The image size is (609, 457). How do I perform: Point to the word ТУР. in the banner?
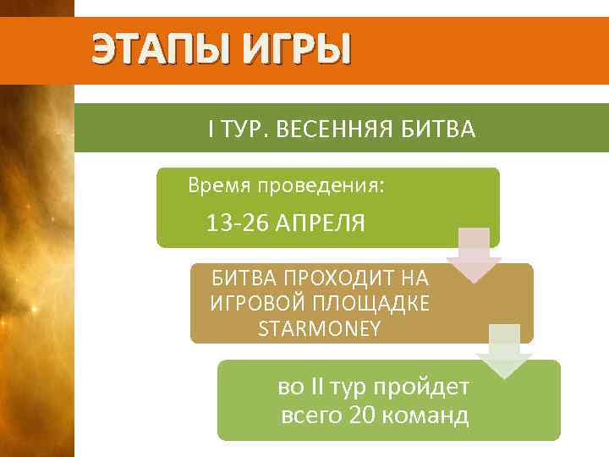[243, 129]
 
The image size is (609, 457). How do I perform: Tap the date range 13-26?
[235, 223]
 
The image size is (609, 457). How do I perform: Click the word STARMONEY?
[320, 328]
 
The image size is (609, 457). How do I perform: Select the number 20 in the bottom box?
[365, 416]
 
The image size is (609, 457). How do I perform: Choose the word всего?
[310, 416]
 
